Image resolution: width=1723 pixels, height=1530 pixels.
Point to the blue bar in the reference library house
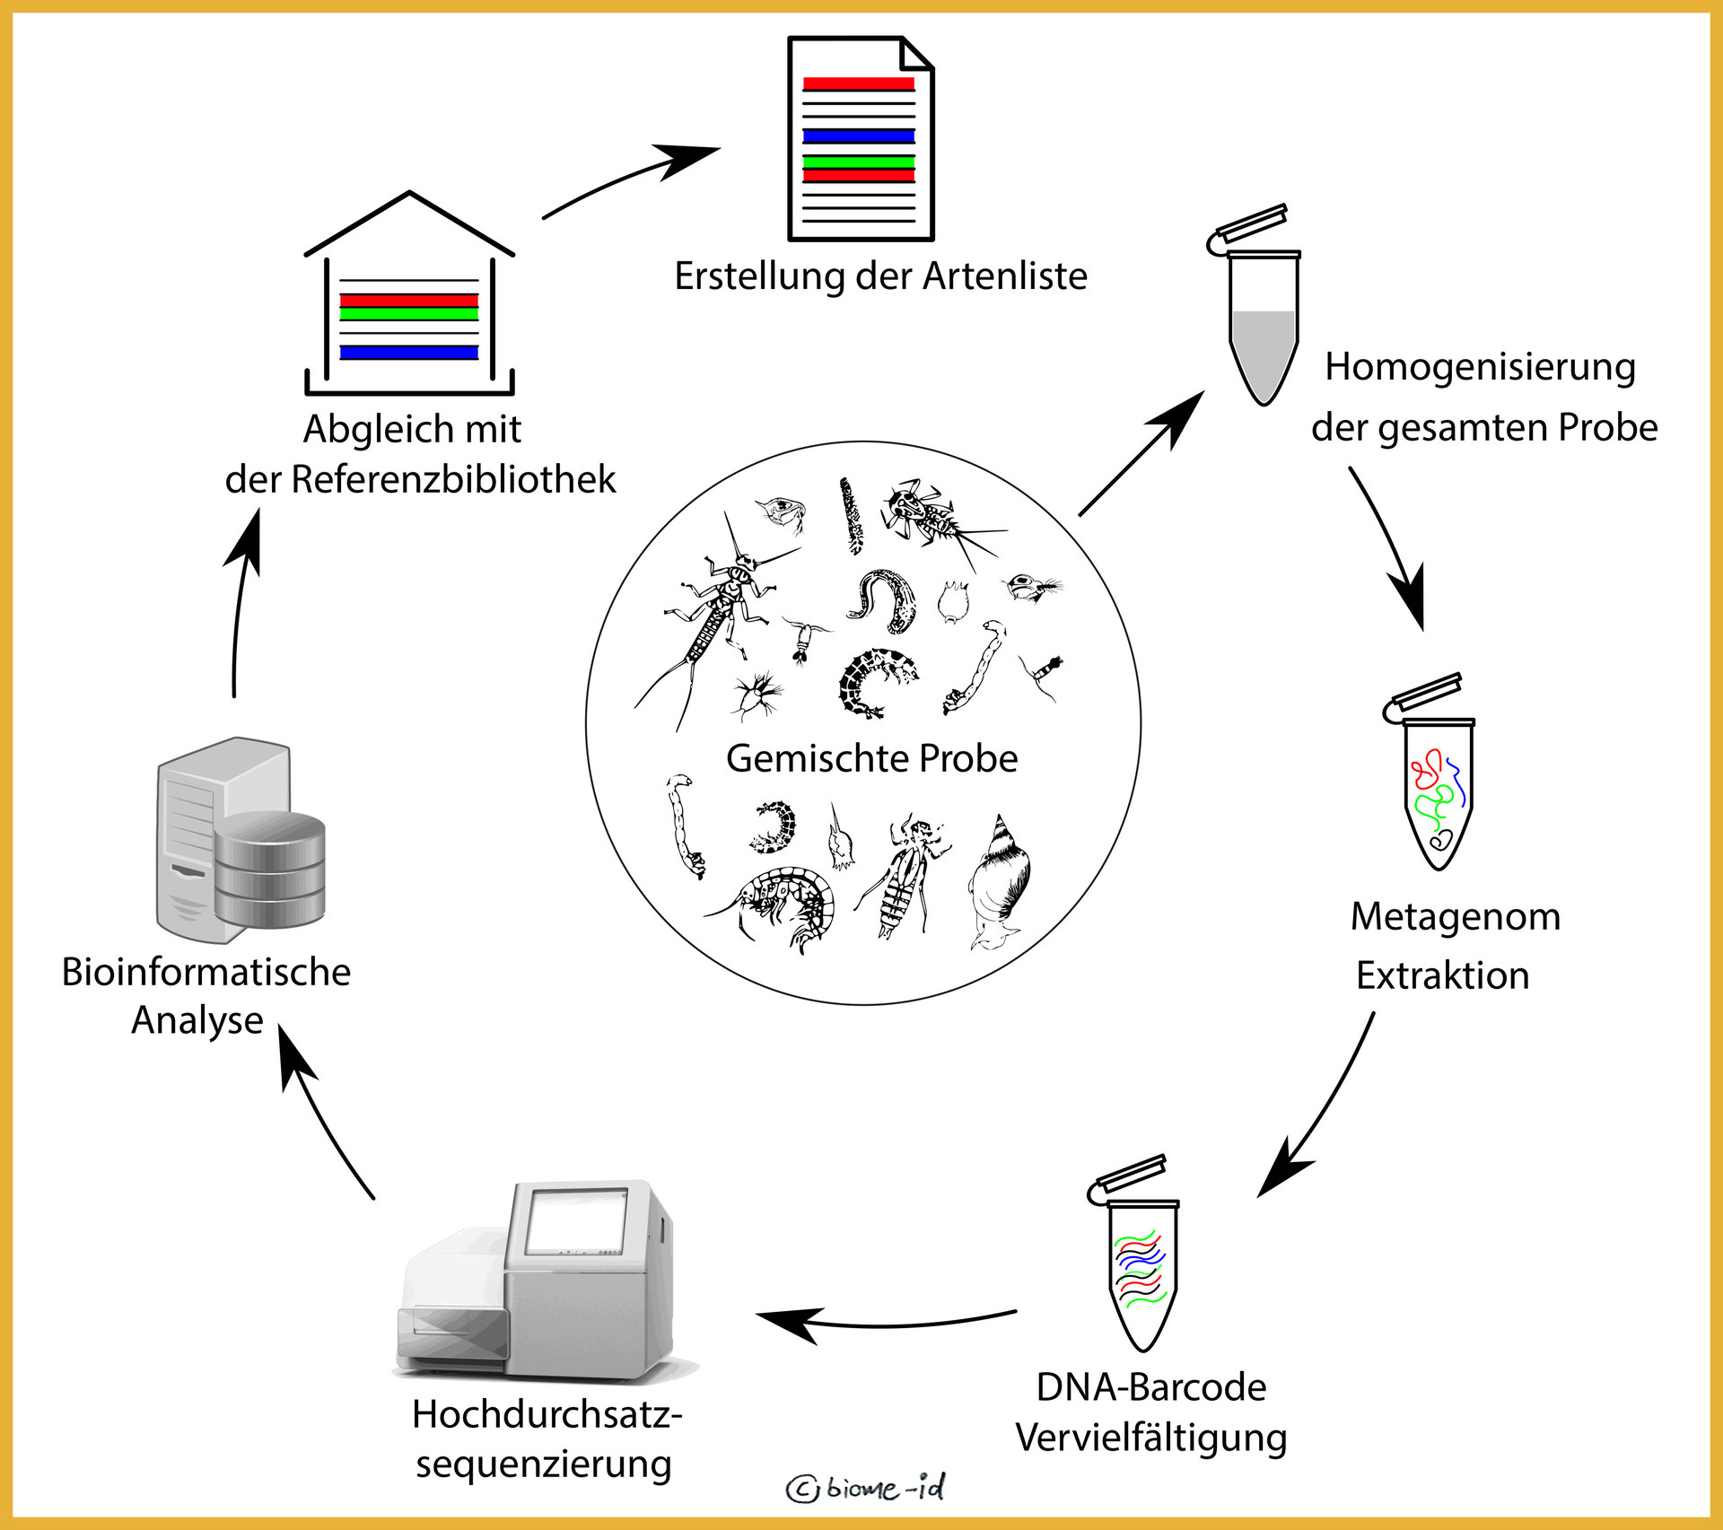pos(409,353)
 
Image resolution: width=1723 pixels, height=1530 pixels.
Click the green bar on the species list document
pos(859,162)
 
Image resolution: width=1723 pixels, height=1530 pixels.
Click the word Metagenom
pos(1456,916)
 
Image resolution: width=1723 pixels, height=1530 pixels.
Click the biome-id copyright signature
pos(867,1488)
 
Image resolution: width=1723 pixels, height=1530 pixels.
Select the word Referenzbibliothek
pos(453,479)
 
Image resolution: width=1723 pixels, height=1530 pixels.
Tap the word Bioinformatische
pos(206,972)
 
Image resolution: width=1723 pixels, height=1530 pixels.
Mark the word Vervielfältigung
pos(1151,1438)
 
